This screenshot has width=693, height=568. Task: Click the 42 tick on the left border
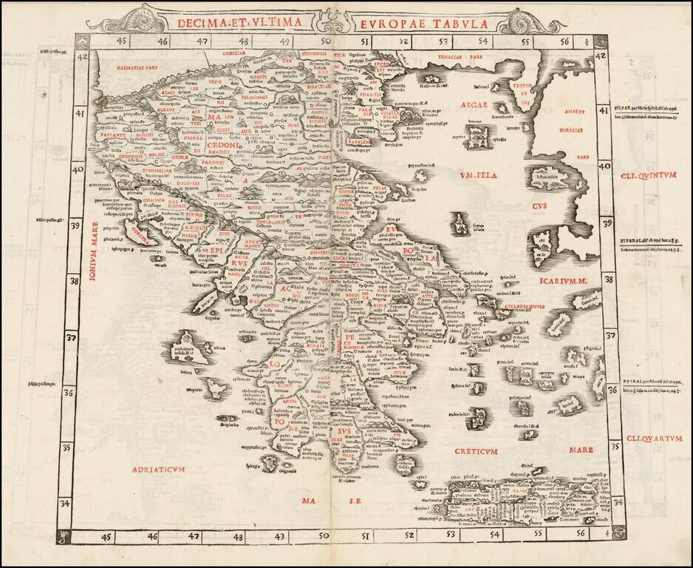(x=83, y=57)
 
